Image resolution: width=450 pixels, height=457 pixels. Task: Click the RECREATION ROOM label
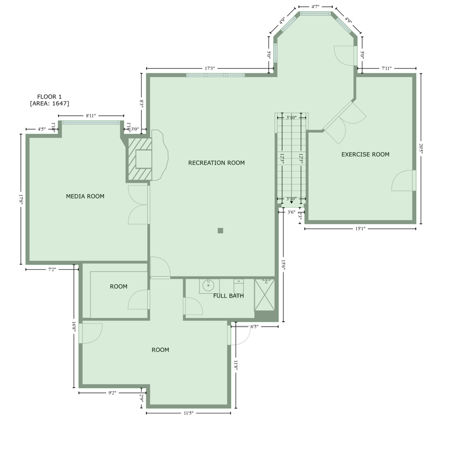216,163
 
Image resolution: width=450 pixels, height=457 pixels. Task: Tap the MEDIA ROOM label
85,196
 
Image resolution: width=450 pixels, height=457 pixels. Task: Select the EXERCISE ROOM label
365,154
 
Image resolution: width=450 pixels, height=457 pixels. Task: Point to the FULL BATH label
228,296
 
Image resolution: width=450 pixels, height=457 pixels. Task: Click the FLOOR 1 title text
49,97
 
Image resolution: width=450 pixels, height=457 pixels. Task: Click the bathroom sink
208,286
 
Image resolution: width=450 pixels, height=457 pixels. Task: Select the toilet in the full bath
239,286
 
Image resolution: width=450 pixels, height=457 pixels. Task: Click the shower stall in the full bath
264,295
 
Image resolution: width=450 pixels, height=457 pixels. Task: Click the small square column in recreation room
220,231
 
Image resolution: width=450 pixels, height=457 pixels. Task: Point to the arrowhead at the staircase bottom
291,202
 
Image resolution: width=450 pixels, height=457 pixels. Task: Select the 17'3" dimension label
210,69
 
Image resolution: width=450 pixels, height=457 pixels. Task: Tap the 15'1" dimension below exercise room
360,229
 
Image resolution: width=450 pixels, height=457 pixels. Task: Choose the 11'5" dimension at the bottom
188,413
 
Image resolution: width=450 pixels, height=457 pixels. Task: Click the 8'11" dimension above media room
91,116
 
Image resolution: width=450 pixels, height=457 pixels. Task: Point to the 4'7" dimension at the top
315,7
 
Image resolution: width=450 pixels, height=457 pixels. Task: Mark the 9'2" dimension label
112,393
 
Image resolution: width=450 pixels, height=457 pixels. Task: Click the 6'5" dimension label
254,327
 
